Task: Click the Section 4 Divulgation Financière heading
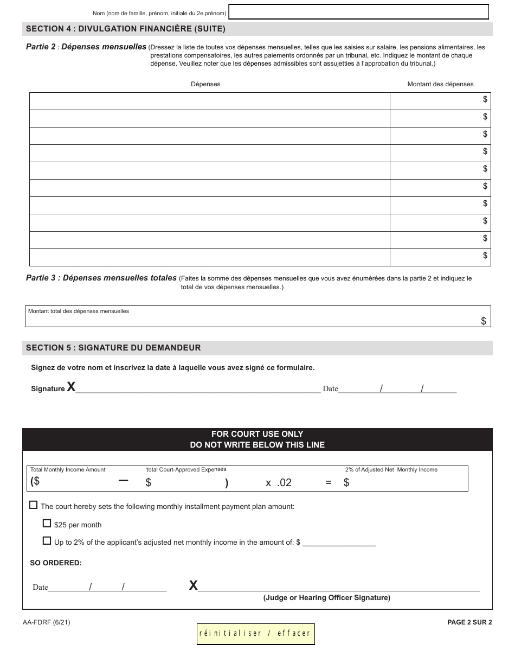(125, 29)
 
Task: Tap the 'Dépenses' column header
(205, 84)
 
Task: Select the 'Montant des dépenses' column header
(440, 84)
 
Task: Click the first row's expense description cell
(209, 101)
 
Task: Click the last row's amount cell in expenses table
(440, 258)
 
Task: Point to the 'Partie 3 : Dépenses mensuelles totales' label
(101, 278)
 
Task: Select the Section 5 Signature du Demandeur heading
(113, 348)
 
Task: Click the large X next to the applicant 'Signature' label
(71, 387)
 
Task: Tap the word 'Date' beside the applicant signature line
(330, 389)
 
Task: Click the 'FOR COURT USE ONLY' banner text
(257, 434)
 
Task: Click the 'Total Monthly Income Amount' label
(68, 470)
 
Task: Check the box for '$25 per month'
(47, 524)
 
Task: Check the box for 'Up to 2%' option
(47, 541)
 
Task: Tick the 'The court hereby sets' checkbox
(34, 505)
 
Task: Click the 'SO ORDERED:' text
(56, 563)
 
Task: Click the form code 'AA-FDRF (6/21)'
(47, 623)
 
